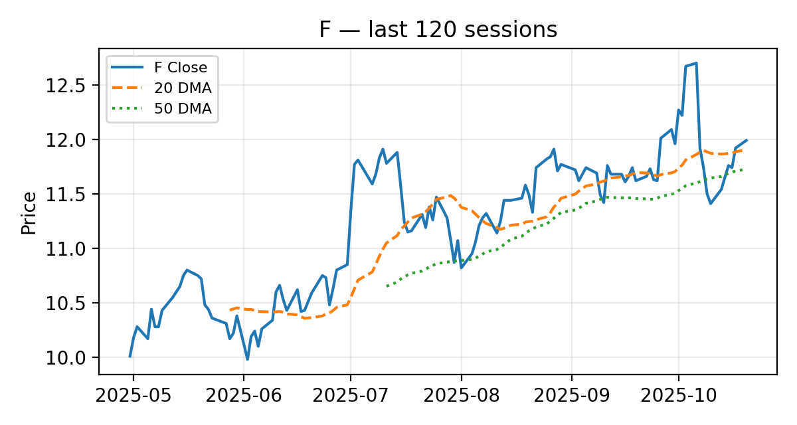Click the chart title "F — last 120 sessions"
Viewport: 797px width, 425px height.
pos(438,30)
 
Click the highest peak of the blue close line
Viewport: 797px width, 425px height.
pos(695,63)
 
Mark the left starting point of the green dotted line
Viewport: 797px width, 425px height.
pos(387,286)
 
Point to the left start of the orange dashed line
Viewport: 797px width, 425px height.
pos(230,310)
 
